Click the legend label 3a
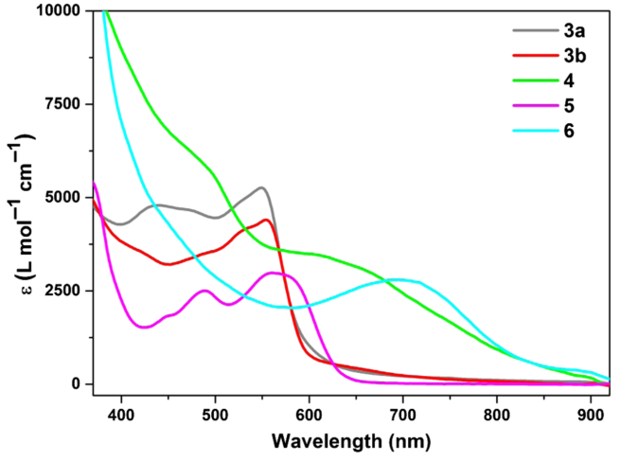pos(562,31)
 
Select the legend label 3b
pos(562,55)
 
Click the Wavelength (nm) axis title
pos(352,441)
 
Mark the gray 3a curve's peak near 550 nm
pos(261,187)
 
